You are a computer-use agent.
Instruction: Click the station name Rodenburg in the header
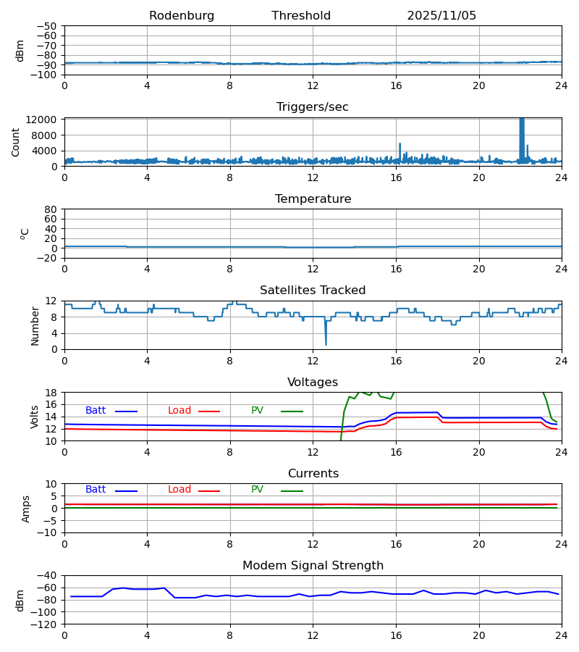(x=182, y=16)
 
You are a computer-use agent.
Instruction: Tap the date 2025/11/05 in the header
(x=441, y=16)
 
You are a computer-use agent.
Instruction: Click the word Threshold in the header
(x=301, y=16)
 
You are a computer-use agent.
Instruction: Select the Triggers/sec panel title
(x=313, y=107)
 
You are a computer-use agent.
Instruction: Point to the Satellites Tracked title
(x=313, y=291)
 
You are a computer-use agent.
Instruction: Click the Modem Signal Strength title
(x=313, y=566)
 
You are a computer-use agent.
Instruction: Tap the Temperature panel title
(x=313, y=199)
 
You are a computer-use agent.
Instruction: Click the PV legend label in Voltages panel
(x=257, y=411)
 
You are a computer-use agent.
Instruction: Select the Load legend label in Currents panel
(x=179, y=490)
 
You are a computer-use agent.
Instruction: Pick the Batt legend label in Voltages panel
(x=96, y=411)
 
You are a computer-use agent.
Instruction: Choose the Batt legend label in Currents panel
(x=96, y=490)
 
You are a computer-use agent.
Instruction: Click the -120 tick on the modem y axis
(x=47, y=624)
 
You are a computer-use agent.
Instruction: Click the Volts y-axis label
(x=35, y=417)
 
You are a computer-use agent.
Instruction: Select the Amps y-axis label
(x=26, y=509)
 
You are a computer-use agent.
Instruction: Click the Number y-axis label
(x=35, y=325)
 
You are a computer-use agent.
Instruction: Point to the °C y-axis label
(x=25, y=233)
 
